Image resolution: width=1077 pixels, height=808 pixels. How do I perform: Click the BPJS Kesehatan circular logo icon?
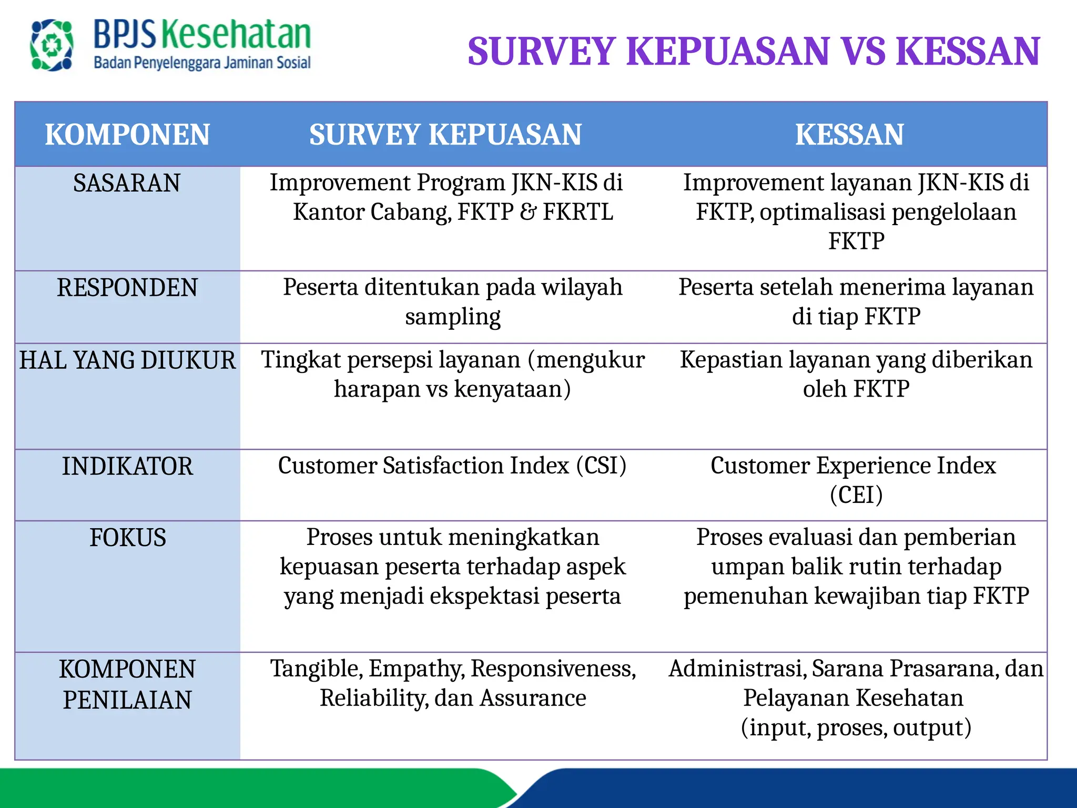tap(52, 45)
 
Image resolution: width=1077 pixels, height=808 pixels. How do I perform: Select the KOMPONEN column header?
tap(127, 135)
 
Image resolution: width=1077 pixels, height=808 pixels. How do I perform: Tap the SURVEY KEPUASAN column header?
tap(445, 135)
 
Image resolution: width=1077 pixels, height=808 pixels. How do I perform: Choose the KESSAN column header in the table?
tap(849, 135)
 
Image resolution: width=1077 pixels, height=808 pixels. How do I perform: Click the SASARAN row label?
tap(127, 184)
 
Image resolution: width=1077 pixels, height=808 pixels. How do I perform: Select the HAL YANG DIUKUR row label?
tap(127, 361)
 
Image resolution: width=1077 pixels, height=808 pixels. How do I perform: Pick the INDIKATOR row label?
tap(127, 467)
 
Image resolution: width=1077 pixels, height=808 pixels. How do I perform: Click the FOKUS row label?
tap(128, 538)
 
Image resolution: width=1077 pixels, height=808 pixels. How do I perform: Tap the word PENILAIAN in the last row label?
tap(127, 700)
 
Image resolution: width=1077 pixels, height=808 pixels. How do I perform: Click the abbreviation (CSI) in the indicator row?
tap(601, 466)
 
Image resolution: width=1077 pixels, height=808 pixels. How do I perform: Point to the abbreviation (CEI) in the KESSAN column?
tap(856, 495)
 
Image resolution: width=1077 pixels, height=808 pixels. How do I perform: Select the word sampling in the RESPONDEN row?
tap(453, 317)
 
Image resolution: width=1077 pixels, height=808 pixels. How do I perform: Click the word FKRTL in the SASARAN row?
tap(578, 213)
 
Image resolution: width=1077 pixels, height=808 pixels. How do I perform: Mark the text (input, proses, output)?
tap(856, 728)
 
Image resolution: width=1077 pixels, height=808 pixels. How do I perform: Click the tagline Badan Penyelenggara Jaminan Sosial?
tap(202, 63)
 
